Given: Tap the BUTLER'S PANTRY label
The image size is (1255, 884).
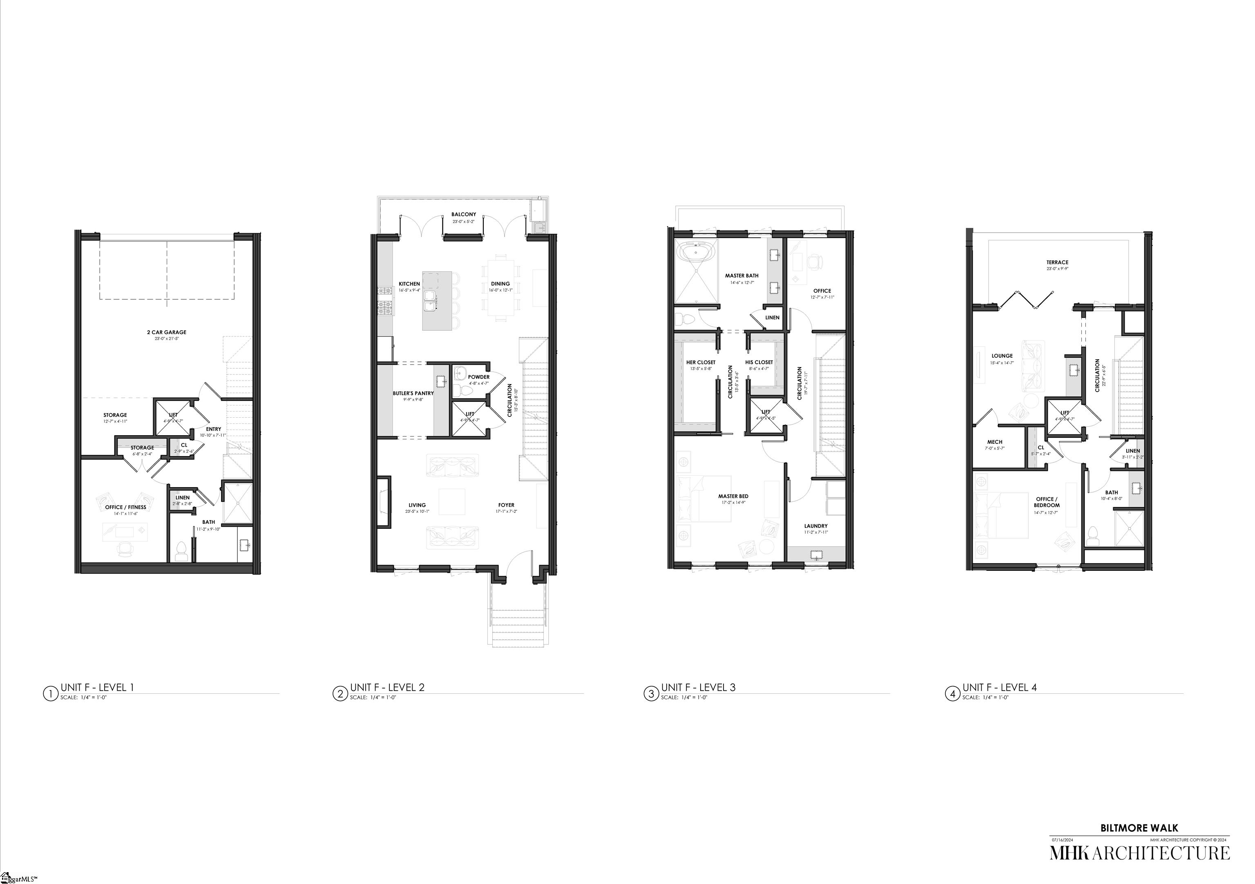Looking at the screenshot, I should click(x=413, y=393).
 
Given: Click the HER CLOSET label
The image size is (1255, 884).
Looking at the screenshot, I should click(x=700, y=362).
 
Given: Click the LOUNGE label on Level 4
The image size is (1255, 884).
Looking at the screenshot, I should click(x=1002, y=356).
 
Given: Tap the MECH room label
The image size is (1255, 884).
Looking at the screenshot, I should click(x=995, y=442).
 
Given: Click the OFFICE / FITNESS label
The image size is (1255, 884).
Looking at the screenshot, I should click(x=126, y=507).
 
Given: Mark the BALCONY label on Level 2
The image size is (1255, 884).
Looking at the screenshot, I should click(x=464, y=215).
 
